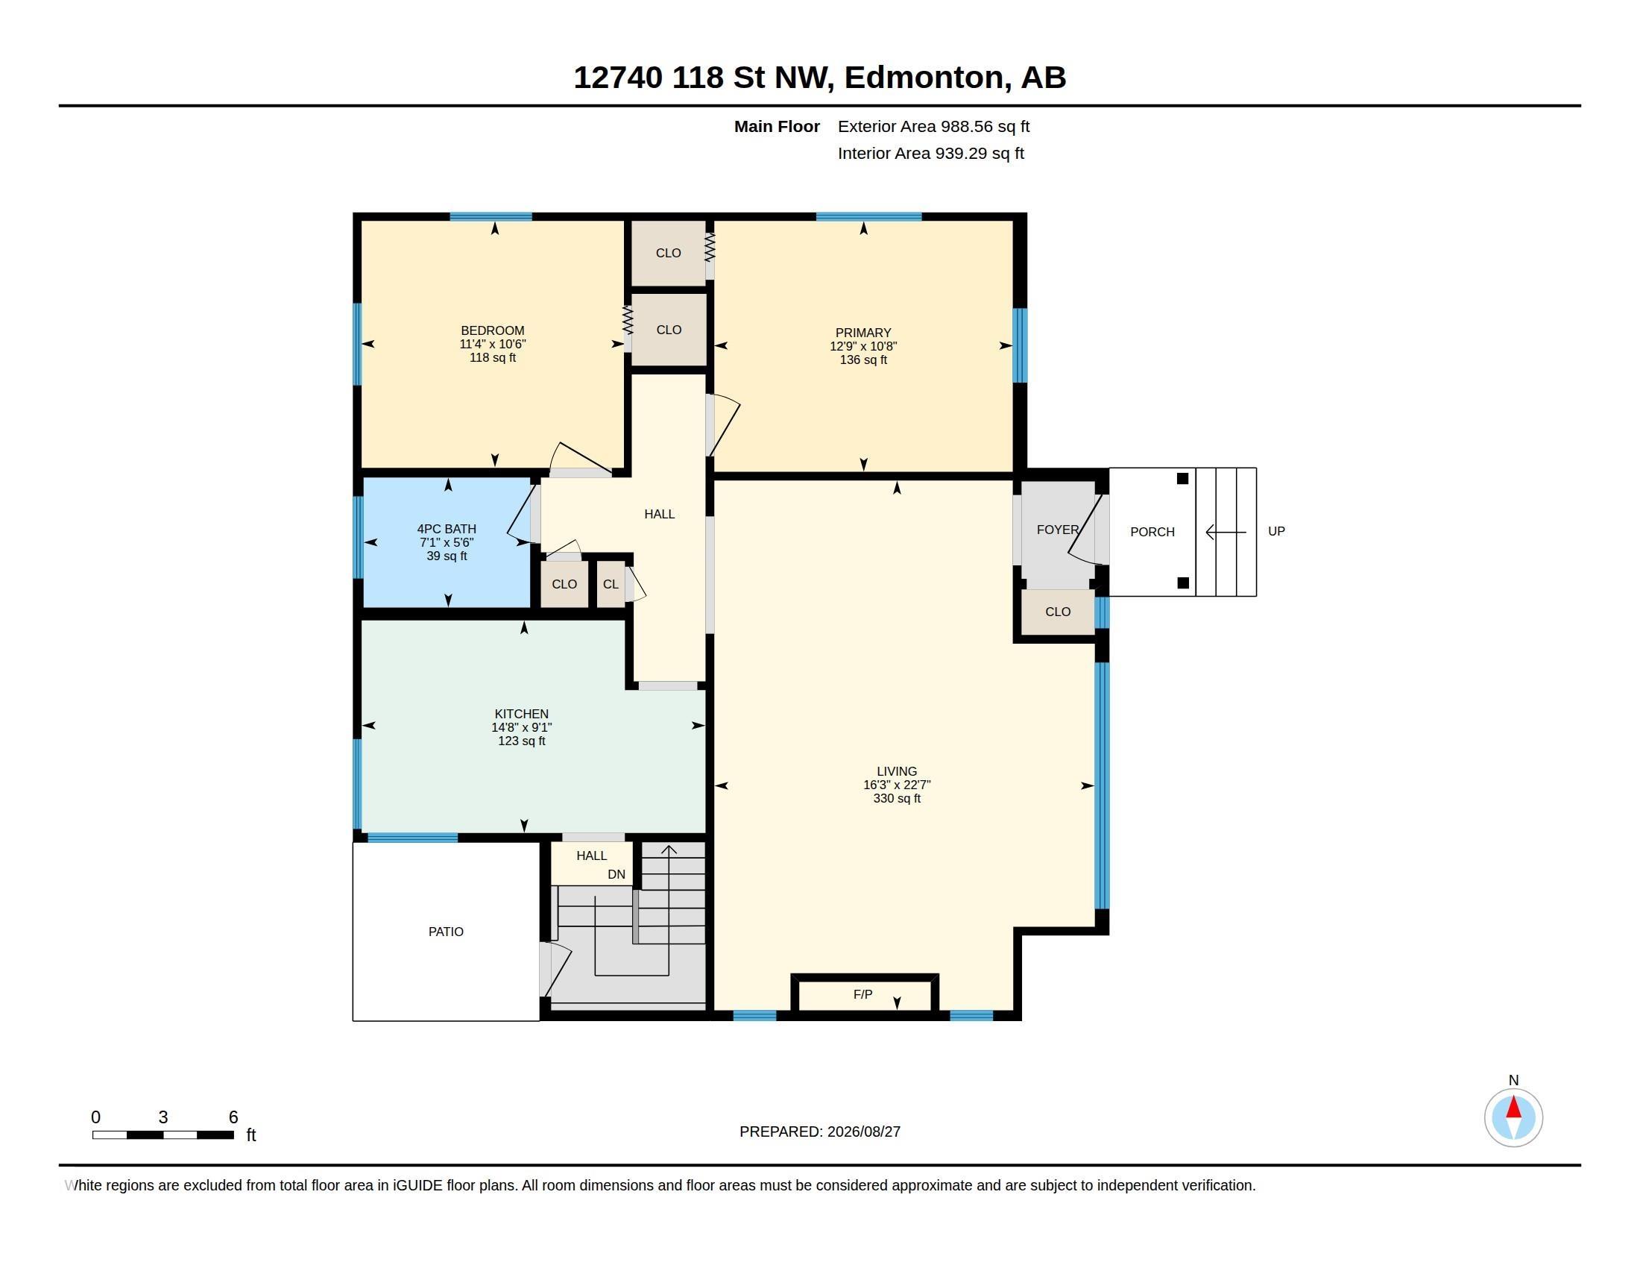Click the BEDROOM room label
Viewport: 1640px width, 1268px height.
(x=493, y=330)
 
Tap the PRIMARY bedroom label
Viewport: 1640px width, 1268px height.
(x=863, y=333)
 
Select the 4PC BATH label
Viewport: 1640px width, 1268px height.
(x=447, y=529)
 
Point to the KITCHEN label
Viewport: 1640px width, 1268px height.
(x=521, y=714)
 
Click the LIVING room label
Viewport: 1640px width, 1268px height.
(x=897, y=771)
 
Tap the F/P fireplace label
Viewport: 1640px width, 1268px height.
(x=862, y=994)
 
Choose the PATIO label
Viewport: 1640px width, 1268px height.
(x=446, y=932)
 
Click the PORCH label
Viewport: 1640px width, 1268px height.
(x=1152, y=532)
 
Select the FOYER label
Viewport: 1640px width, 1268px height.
(x=1057, y=530)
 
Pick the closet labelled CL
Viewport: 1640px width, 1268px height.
(x=611, y=585)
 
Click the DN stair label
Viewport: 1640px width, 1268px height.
(x=616, y=874)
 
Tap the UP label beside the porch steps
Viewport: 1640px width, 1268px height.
(x=1276, y=531)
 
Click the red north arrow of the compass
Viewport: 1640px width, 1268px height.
(x=1514, y=1107)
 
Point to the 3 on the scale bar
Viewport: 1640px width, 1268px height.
(x=163, y=1117)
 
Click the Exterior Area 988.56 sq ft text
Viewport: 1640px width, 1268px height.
(x=933, y=127)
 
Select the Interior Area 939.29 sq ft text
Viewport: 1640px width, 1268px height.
(x=930, y=153)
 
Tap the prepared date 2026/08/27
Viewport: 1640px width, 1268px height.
(x=863, y=1132)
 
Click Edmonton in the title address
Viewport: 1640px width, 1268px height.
(x=924, y=78)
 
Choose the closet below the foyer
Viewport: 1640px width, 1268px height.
(x=1057, y=612)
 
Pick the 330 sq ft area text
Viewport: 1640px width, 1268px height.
(x=897, y=799)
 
